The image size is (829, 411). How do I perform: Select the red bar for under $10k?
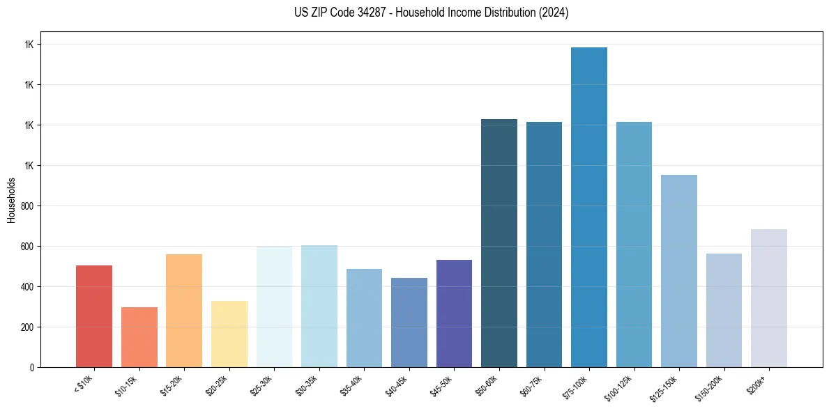pyautogui.click(x=93, y=316)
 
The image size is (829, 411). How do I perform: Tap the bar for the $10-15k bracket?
pyautogui.click(x=139, y=337)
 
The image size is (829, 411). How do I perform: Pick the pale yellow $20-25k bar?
pyautogui.click(x=229, y=334)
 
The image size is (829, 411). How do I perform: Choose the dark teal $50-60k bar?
pyautogui.click(x=499, y=243)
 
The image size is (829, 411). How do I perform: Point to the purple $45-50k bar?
pyautogui.click(x=454, y=313)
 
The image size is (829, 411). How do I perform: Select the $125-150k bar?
pyautogui.click(x=678, y=271)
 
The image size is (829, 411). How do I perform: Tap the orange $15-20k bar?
pyautogui.click(x=184, y=311)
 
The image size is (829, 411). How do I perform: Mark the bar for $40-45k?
pyautogui.click(x=409, y=323)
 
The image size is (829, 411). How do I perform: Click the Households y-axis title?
pyautogui.click(x=11, y=200)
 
